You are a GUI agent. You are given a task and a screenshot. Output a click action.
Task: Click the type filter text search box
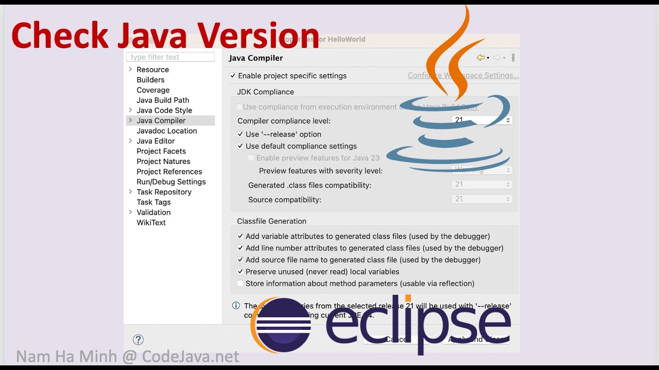point(170,57)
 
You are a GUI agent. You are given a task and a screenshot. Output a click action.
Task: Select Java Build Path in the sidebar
point(163,100)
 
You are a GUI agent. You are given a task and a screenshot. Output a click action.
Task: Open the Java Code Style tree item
point(164,110)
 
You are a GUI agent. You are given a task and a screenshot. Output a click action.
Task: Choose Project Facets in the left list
point(161,151)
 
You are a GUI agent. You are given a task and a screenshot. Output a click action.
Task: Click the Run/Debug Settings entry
point(171,182)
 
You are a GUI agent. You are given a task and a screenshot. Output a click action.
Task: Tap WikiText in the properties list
point(151,223)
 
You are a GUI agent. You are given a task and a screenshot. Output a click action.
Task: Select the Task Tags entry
point(153,202)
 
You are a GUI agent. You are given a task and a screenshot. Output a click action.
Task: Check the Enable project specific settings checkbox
point(233,76)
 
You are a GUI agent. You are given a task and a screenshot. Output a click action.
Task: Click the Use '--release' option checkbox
point(240,135)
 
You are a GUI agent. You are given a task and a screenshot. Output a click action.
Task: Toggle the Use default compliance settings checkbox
point(240,146)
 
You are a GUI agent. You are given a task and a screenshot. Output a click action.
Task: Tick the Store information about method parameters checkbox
point(240,284)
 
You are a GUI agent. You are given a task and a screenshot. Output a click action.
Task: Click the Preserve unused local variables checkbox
point(240,272)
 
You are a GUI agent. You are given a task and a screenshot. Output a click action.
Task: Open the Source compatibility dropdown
point(482,199)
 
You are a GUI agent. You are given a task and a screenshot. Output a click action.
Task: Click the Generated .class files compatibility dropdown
point(482,184)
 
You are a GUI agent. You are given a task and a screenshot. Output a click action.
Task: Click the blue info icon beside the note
point(236,306)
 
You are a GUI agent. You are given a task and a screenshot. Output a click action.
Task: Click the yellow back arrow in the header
point(481,58)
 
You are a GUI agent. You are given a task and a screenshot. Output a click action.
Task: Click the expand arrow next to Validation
point(130,212)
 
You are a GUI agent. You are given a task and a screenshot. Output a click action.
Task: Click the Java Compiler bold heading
point(256,59)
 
